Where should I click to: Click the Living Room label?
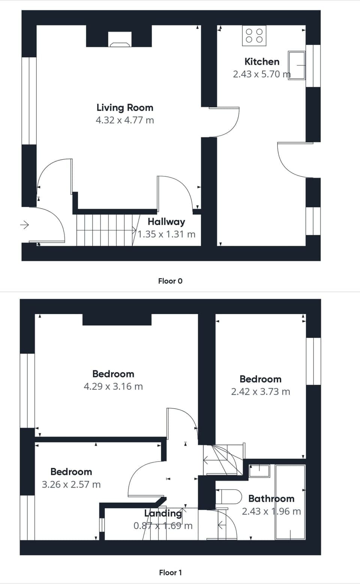coord(125,108)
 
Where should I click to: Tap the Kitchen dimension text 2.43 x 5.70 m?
coord(261,74)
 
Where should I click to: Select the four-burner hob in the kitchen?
coord(254,36)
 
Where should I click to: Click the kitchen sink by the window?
coord(297,66)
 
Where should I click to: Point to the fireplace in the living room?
coord(120,40)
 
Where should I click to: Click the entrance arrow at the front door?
coord(24,225)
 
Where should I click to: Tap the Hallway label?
coord(166,222)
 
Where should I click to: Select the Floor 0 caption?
coord(170,281)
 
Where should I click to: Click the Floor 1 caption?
coord(170,572)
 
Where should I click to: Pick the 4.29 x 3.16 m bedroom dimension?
coord(113,386)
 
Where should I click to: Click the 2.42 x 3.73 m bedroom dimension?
coord(261,392)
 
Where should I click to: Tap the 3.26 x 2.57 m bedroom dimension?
coord(71,484)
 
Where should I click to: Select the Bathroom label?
coord(271,499)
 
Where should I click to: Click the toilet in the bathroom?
coord(229,496)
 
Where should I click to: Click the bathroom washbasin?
coord(259,471)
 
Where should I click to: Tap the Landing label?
coord(163,513)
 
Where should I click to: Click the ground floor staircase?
coord(105,230)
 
